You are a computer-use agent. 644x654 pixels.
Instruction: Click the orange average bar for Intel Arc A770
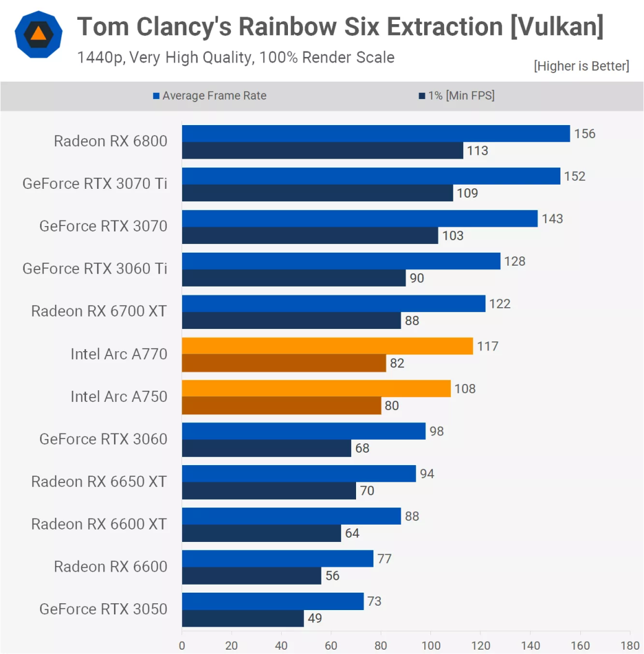(x=328, y=346)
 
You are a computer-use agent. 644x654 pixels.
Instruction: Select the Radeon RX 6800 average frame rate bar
(x=376, y=134)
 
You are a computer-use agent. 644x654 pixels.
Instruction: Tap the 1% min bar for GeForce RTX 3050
(x=243, y=618)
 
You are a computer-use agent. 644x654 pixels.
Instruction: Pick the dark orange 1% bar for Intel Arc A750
(x=282, y=406)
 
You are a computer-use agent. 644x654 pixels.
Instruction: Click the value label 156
(x=585, y=134)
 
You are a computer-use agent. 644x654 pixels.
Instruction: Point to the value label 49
(x=315, y=618)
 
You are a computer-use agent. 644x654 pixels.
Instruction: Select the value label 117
(x=487, y=346)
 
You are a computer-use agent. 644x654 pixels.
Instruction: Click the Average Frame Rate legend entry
(x=210, y=95)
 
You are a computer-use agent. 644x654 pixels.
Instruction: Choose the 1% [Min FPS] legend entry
(x=457, y=95)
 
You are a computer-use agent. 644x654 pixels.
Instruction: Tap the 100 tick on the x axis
(x=431, y=646)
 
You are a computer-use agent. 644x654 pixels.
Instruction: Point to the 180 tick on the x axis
(x=630, y=646)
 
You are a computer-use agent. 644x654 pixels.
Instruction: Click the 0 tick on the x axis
(x=182, y=646)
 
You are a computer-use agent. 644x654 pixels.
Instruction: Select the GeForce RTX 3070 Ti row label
(x=95, y=183)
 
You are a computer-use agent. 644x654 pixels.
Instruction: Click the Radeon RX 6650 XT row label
(x=99, y=482)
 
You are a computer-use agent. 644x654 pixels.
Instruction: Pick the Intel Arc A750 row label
(x=119, y=396)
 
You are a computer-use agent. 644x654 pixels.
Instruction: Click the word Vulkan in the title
(x=557, y=27)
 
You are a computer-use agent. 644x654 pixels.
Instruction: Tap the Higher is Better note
(x=581, y=66)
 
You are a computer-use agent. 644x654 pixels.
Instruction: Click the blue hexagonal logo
(x=38, y=35)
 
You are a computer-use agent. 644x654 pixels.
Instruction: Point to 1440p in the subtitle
(x=101, y=58)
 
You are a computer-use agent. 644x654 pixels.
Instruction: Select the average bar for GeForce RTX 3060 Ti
(x=341, y=261)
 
